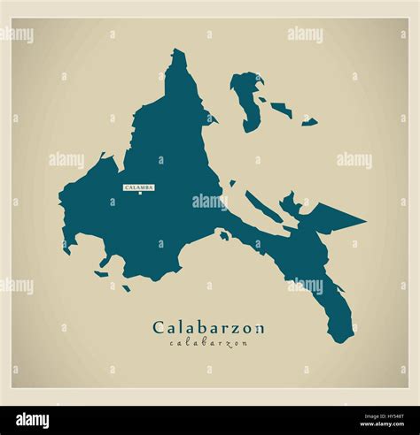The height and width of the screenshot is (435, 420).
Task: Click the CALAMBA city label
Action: coord(139,187)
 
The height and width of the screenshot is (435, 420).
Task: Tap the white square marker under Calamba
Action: coord(140,195)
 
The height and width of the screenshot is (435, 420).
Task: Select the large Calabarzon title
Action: coord(208,328)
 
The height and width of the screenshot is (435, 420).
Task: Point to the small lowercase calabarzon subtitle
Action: coord(208,343)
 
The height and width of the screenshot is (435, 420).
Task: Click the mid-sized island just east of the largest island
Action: coord(282,111)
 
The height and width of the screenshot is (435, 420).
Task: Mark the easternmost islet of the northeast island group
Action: coord(309,121)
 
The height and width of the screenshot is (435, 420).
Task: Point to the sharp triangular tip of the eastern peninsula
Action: coord(363,218)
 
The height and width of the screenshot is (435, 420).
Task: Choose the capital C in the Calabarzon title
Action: coord(159,328)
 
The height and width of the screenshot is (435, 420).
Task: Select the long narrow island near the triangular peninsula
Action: coord(263,207)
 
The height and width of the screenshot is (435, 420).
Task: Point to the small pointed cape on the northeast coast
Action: coord(214,119)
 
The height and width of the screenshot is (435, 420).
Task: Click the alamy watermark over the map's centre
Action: coord(210,202)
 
